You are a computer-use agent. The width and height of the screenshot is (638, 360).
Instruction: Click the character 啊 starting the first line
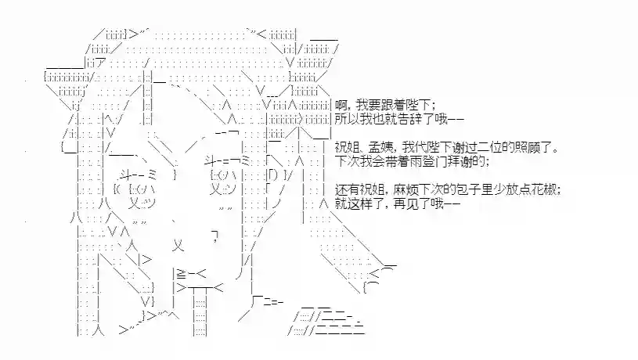(341, 106)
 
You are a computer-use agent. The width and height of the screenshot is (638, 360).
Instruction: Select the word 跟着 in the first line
(394, 106)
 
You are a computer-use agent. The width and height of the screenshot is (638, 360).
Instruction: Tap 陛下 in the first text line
(418, 106)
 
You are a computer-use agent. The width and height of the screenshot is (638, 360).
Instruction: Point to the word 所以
(347, 119)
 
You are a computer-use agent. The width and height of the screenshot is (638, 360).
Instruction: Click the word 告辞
(406, 119)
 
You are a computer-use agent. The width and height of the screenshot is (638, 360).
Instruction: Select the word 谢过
(466, 147)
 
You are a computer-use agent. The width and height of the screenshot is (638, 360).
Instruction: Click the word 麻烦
(406, 189)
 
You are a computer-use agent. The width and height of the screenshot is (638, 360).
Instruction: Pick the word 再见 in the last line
(406, 203)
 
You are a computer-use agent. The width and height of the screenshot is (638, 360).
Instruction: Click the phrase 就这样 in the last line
(353, 203)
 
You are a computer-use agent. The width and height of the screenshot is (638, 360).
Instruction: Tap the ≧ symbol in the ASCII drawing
(181, 274)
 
